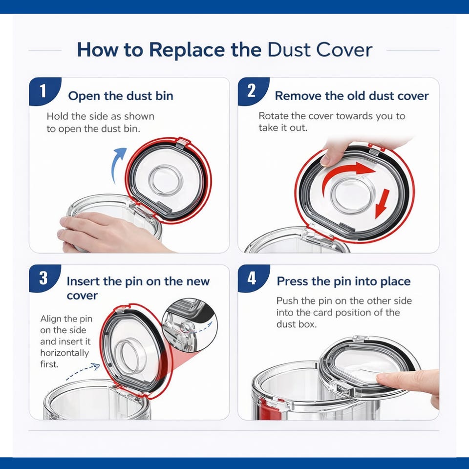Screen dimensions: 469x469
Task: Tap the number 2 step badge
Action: click(x=253, y=91)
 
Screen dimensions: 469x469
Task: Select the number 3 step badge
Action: click(x=44, y=278)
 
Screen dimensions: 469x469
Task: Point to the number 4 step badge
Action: click(x=253, y=278)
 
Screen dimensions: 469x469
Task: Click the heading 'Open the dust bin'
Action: click(x=121, y=96)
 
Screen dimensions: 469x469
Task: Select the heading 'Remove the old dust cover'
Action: click(x=352, y=96)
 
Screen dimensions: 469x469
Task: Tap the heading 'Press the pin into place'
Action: click(x=343, y=281)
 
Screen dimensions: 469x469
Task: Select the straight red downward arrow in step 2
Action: click(x=383, y=203)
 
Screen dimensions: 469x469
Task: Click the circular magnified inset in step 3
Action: click(x=190, y=325)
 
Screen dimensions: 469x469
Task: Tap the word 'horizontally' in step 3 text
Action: click(x=64, y=353)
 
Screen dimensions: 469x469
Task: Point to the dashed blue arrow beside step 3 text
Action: click(x=82, y=371)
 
